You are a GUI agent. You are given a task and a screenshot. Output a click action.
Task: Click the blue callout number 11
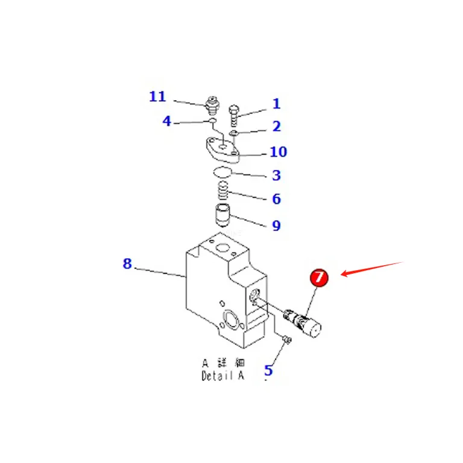[x=157, y=96]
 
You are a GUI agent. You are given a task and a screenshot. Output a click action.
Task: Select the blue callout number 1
[x=276, y=104]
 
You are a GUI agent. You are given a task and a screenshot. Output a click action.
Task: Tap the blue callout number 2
[x=276, y=126]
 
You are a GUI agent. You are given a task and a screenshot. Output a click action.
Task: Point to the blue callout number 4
[x=167, y=121]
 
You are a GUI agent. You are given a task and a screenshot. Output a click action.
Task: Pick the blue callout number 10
[x=278, y=152]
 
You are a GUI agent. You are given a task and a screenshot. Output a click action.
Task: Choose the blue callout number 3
[x=276, y=175]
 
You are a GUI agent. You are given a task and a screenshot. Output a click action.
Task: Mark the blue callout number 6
[x=276, y=199]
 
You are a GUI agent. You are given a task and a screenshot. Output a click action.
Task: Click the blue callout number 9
[x=276, y=225]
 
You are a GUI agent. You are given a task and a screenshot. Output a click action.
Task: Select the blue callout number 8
[x=127, y=263]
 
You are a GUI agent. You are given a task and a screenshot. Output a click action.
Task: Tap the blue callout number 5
[x=268, y=370]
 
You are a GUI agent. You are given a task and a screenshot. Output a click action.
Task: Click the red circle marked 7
[x=319, y=277]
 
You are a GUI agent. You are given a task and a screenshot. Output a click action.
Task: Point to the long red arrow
[x=372, y=269]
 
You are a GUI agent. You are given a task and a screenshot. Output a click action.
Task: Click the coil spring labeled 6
[x=223, y=191]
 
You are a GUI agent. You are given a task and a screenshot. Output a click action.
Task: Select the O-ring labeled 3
[x=222, y=172]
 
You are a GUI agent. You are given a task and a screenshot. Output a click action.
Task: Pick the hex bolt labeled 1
[x=234, y=115]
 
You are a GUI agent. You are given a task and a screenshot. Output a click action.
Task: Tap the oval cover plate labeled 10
[x=223, y=150]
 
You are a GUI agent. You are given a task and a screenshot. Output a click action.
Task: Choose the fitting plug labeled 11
[x=212, y=106]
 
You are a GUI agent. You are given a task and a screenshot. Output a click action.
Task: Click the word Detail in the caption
[x=217, y=376]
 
